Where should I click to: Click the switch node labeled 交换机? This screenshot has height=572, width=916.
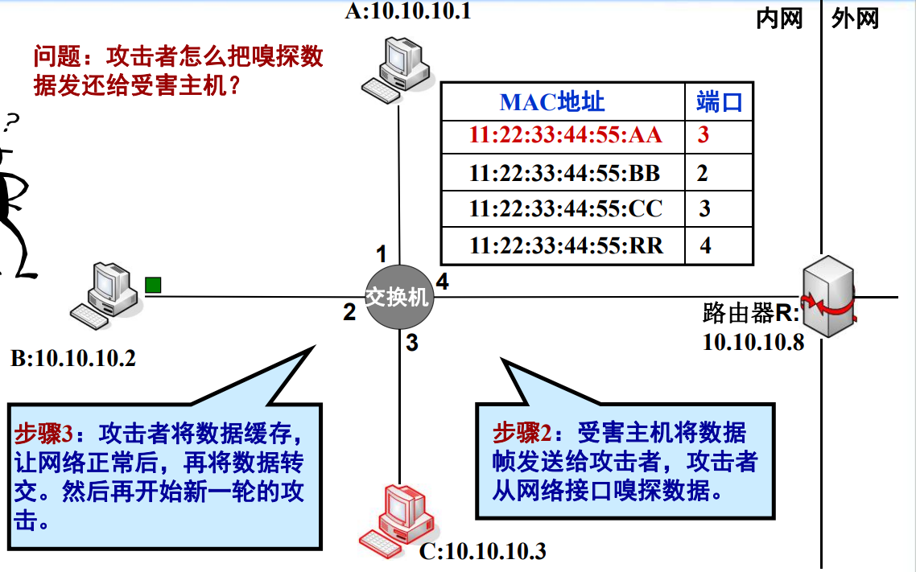point(399,297)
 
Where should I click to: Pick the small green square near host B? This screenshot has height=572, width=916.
point(152,284)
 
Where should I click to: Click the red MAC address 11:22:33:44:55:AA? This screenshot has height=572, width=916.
point(566,134)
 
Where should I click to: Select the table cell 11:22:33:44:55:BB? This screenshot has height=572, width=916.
point(565,172)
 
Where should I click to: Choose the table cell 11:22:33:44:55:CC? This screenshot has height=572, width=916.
point(566,208)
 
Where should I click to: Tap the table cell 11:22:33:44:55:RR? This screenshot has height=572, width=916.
point(566,245)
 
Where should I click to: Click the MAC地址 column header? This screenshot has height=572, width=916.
point(552,101)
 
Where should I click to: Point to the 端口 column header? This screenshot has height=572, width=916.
point(719,101)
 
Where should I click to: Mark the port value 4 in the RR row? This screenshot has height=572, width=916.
point(705,245)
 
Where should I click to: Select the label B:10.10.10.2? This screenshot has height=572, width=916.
point(73,357)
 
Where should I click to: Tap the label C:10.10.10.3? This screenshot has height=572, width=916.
point(483,552)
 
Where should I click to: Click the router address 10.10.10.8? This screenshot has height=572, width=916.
point(753,342)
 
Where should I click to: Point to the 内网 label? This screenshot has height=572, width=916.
point(779,19)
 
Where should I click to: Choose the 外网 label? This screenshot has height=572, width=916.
point(856,19)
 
